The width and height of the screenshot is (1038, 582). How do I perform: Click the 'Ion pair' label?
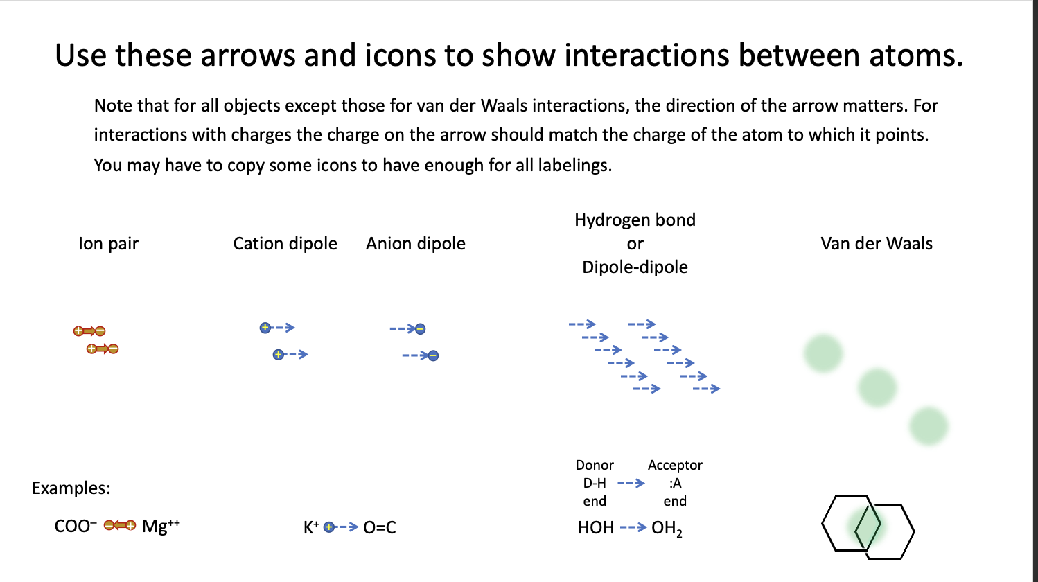pos(108,244)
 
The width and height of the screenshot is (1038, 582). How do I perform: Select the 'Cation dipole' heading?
pos(285,244)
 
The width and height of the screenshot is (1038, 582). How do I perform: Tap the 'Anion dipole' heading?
pos(416,244)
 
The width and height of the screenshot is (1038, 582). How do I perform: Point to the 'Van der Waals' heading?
pos(877,244)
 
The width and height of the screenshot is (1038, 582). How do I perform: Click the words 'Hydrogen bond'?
pos(635,220)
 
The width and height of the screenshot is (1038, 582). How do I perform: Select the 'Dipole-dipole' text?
pos(635,267)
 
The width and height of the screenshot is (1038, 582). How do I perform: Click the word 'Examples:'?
pos(71,488)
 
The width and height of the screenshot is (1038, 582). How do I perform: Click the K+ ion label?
pos(311,528)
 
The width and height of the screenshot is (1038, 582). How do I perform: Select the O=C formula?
pos(380,528)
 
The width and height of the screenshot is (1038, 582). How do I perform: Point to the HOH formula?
pos(596,528)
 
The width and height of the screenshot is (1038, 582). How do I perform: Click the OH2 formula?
pos(667,529)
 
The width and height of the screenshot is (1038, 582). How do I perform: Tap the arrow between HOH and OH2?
pos(633,528)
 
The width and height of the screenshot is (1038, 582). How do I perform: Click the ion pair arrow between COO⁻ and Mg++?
pos(120,526)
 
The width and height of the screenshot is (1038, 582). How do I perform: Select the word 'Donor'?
pos(595,465)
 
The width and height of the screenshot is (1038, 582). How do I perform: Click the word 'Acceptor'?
pos(675,465)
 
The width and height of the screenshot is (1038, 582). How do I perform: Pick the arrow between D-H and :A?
pos(631,483)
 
